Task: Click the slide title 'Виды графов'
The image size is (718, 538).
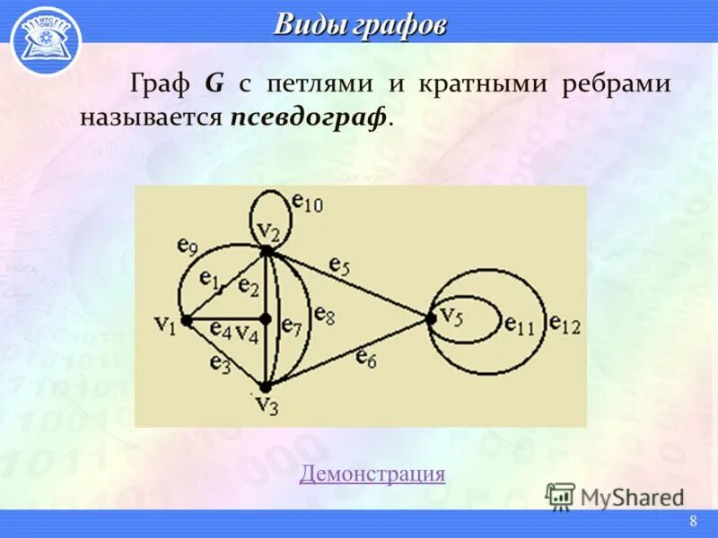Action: (x=359, y=24)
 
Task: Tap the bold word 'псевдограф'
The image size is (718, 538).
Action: (x=310, y=117)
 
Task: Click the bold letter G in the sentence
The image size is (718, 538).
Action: (x=215, y=85)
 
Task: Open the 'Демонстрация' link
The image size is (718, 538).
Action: (x=372, y=473)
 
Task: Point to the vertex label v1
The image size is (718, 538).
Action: (x=164, y=323)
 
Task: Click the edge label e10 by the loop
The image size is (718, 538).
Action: (x=306, y=205)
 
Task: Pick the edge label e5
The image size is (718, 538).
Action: (x=339, y=265)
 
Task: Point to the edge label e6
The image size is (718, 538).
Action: (x=365, y=358)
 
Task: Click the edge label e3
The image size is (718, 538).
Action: (x=220, y=363)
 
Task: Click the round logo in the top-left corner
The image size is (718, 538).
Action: (x=46, y=39)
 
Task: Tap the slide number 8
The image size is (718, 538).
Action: (x=693, y=523)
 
